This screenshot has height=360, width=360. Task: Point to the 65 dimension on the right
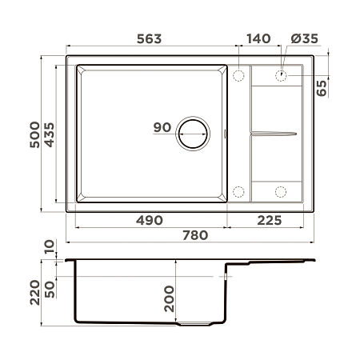322,88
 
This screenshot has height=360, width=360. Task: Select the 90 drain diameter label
161,127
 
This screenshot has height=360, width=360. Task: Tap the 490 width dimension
149,220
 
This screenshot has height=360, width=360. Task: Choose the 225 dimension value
269,220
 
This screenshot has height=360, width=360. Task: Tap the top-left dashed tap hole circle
238,75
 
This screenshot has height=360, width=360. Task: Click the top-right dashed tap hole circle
282,75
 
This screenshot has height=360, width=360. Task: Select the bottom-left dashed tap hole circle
238,192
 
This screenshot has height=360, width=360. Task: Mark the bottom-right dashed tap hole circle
282,192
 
